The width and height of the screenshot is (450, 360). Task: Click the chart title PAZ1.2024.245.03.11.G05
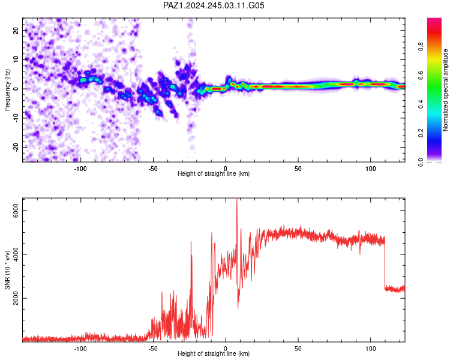click(214, 5)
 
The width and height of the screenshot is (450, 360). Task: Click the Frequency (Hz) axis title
click(7, 90)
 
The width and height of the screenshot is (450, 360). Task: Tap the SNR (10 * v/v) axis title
click(7, 270)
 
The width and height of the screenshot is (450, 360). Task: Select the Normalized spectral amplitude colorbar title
click(445, 90)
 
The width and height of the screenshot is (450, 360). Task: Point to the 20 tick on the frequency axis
click(16, 31)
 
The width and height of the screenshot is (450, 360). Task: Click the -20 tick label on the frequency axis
click(16, 148)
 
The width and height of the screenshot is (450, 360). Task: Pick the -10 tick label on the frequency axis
click(16, 118)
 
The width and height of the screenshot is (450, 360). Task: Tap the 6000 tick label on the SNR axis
click(16, 211)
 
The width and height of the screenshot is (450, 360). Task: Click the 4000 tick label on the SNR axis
click(16, 254)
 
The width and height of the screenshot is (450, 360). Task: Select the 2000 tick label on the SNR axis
click(16, 298)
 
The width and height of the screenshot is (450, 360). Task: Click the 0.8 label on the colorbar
click(421, 47)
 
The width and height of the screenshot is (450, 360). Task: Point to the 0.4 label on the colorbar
click(421, 104)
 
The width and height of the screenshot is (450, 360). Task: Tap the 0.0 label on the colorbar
click(421, 162)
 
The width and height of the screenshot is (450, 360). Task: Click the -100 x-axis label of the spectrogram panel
click(80, 169)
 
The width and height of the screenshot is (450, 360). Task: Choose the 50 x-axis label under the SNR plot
click(298, 349)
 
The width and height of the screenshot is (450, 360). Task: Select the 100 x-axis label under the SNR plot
click(371, 349)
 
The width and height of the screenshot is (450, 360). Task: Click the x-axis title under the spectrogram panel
click(214, 173)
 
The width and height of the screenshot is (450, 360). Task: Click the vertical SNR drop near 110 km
click(385, 263)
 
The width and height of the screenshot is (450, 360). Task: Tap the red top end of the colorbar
click(434, 20)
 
